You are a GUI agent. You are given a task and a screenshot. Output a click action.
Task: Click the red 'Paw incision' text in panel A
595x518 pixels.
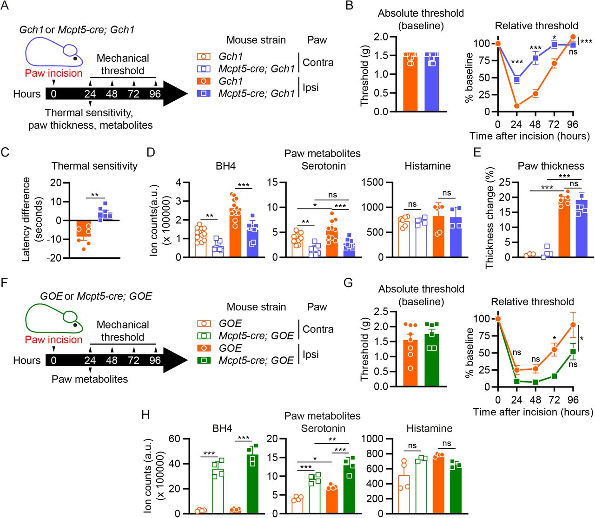53,73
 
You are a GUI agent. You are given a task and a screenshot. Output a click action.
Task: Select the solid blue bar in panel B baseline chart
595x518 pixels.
431,84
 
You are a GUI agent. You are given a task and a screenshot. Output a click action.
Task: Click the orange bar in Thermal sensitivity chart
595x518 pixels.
84,228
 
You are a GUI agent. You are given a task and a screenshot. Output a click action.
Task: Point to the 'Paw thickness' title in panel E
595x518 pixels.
551,166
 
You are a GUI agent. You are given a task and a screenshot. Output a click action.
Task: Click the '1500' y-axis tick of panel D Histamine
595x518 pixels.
373,183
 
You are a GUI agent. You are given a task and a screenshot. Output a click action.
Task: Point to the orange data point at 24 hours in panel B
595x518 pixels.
516,106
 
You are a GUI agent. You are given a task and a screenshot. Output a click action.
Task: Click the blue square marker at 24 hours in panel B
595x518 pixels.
516,80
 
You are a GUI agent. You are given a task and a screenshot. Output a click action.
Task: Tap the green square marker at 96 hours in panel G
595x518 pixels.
573,352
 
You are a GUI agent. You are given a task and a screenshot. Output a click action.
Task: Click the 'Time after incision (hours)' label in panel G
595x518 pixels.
533,412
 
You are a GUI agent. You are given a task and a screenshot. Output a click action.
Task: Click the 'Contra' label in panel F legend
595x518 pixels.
318,329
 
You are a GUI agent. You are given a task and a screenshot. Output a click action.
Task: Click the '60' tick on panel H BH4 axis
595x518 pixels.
174,439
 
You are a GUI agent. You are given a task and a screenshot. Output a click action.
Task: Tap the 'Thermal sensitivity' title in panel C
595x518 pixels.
94,166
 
